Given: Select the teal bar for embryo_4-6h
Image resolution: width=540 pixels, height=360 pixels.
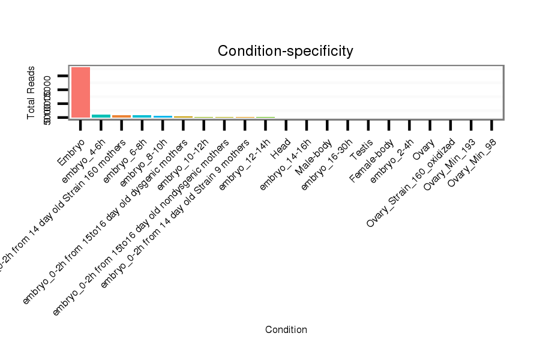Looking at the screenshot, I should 101,116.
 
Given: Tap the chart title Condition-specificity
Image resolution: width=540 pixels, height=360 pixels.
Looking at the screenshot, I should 285,51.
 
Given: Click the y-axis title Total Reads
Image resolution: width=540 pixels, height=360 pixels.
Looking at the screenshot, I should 31,92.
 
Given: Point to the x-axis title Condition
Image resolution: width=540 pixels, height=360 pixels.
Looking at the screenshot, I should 286,329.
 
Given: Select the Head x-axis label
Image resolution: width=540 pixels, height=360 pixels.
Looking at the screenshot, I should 280,149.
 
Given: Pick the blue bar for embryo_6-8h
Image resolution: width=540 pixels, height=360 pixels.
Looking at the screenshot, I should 142,116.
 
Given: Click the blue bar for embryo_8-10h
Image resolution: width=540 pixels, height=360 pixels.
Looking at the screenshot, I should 163,116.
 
